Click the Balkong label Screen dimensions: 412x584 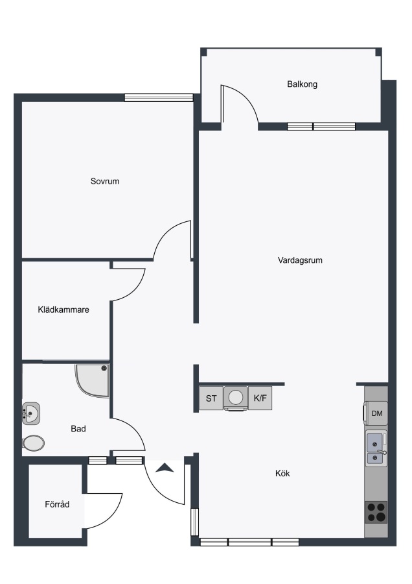click(302, 84)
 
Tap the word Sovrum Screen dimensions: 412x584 click(105, 182)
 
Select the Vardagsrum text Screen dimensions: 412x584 click(300, 260)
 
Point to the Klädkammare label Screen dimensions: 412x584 click(63, 310)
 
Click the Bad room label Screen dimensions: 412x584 click(78, 429)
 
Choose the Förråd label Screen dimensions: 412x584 click(57, 504)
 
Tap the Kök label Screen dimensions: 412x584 click(282, 474)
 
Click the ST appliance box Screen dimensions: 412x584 click(211, 398)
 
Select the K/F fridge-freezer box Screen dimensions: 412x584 click(260, 398)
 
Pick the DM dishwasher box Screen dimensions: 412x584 click(376, 413)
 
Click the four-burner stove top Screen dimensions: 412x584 click(376, 512)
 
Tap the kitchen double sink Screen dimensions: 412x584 click(376, 448)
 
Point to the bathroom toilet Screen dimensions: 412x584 click(33, 443)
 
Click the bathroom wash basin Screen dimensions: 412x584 click(31, 413)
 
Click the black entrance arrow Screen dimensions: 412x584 click(165, 468)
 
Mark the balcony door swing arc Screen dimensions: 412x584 click(246, 97)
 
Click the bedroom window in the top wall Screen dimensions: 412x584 click(159, 97)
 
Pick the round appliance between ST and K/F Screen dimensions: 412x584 click(236, 398)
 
